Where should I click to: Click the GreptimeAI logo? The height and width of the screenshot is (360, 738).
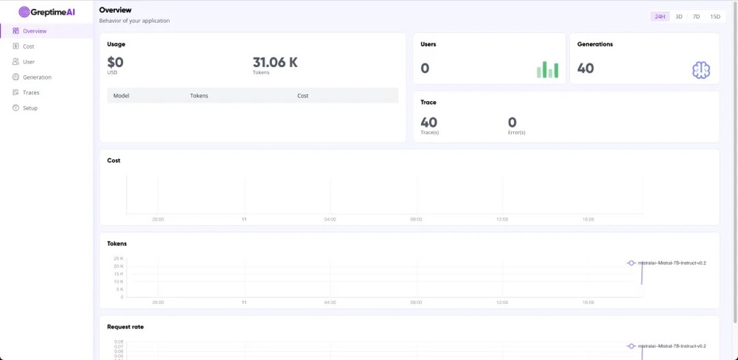[46, 12]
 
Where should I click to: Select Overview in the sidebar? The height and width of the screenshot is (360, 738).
[34, 31]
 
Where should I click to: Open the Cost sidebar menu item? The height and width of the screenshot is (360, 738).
[28, 46]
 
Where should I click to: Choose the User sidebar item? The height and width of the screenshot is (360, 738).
[28, 62]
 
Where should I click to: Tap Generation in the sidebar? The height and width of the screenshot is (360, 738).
[37, 77]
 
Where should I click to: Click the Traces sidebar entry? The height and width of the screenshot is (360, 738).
[31, 93]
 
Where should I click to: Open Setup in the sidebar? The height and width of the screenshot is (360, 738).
[29, 108]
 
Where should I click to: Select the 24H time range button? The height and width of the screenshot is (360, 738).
[660, 16]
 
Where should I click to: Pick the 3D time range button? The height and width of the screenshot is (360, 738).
[678, 16]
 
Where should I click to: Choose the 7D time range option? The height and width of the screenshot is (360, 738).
[696, 16]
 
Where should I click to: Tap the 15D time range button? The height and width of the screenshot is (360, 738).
[714, 16]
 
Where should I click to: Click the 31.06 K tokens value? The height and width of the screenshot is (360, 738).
[275, 63]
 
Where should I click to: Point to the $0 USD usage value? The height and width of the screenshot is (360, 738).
[116, 63]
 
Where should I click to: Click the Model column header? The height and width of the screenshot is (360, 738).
[121, 96]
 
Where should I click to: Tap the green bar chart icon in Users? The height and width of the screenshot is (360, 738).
[547, 69]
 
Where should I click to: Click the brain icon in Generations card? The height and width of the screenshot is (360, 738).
[700, 69]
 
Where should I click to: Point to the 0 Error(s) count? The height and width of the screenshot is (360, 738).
[512, 122]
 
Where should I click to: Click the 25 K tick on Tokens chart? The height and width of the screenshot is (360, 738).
[119, 259]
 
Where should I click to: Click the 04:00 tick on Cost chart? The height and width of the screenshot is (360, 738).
[330, 219]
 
